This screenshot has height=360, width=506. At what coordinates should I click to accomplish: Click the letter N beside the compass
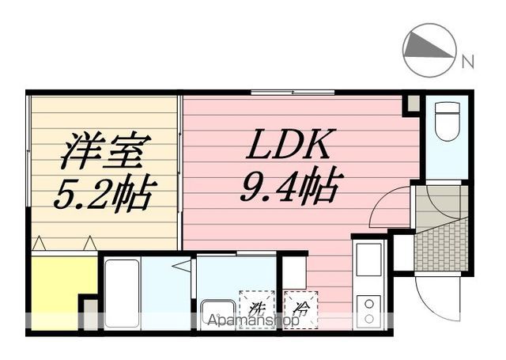pos(467,62)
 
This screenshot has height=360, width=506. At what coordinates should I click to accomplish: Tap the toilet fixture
pos(447,121)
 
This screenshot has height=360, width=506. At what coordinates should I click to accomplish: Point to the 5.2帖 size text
pos(105,194)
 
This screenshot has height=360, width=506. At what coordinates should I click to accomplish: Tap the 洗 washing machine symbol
pos(257,310)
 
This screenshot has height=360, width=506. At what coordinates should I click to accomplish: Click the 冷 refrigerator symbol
pos(300,310)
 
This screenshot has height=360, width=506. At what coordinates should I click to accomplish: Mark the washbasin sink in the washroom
pos(218,315)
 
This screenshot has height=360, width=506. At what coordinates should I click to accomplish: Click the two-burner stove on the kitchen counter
pos(368,311)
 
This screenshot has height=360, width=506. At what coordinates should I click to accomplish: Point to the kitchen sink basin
pos(368,260)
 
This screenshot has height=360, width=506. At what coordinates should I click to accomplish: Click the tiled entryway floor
pos(441,245)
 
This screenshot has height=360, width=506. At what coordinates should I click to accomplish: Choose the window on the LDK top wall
pos(293,93)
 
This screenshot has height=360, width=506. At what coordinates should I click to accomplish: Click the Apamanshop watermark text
pos(254,320)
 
